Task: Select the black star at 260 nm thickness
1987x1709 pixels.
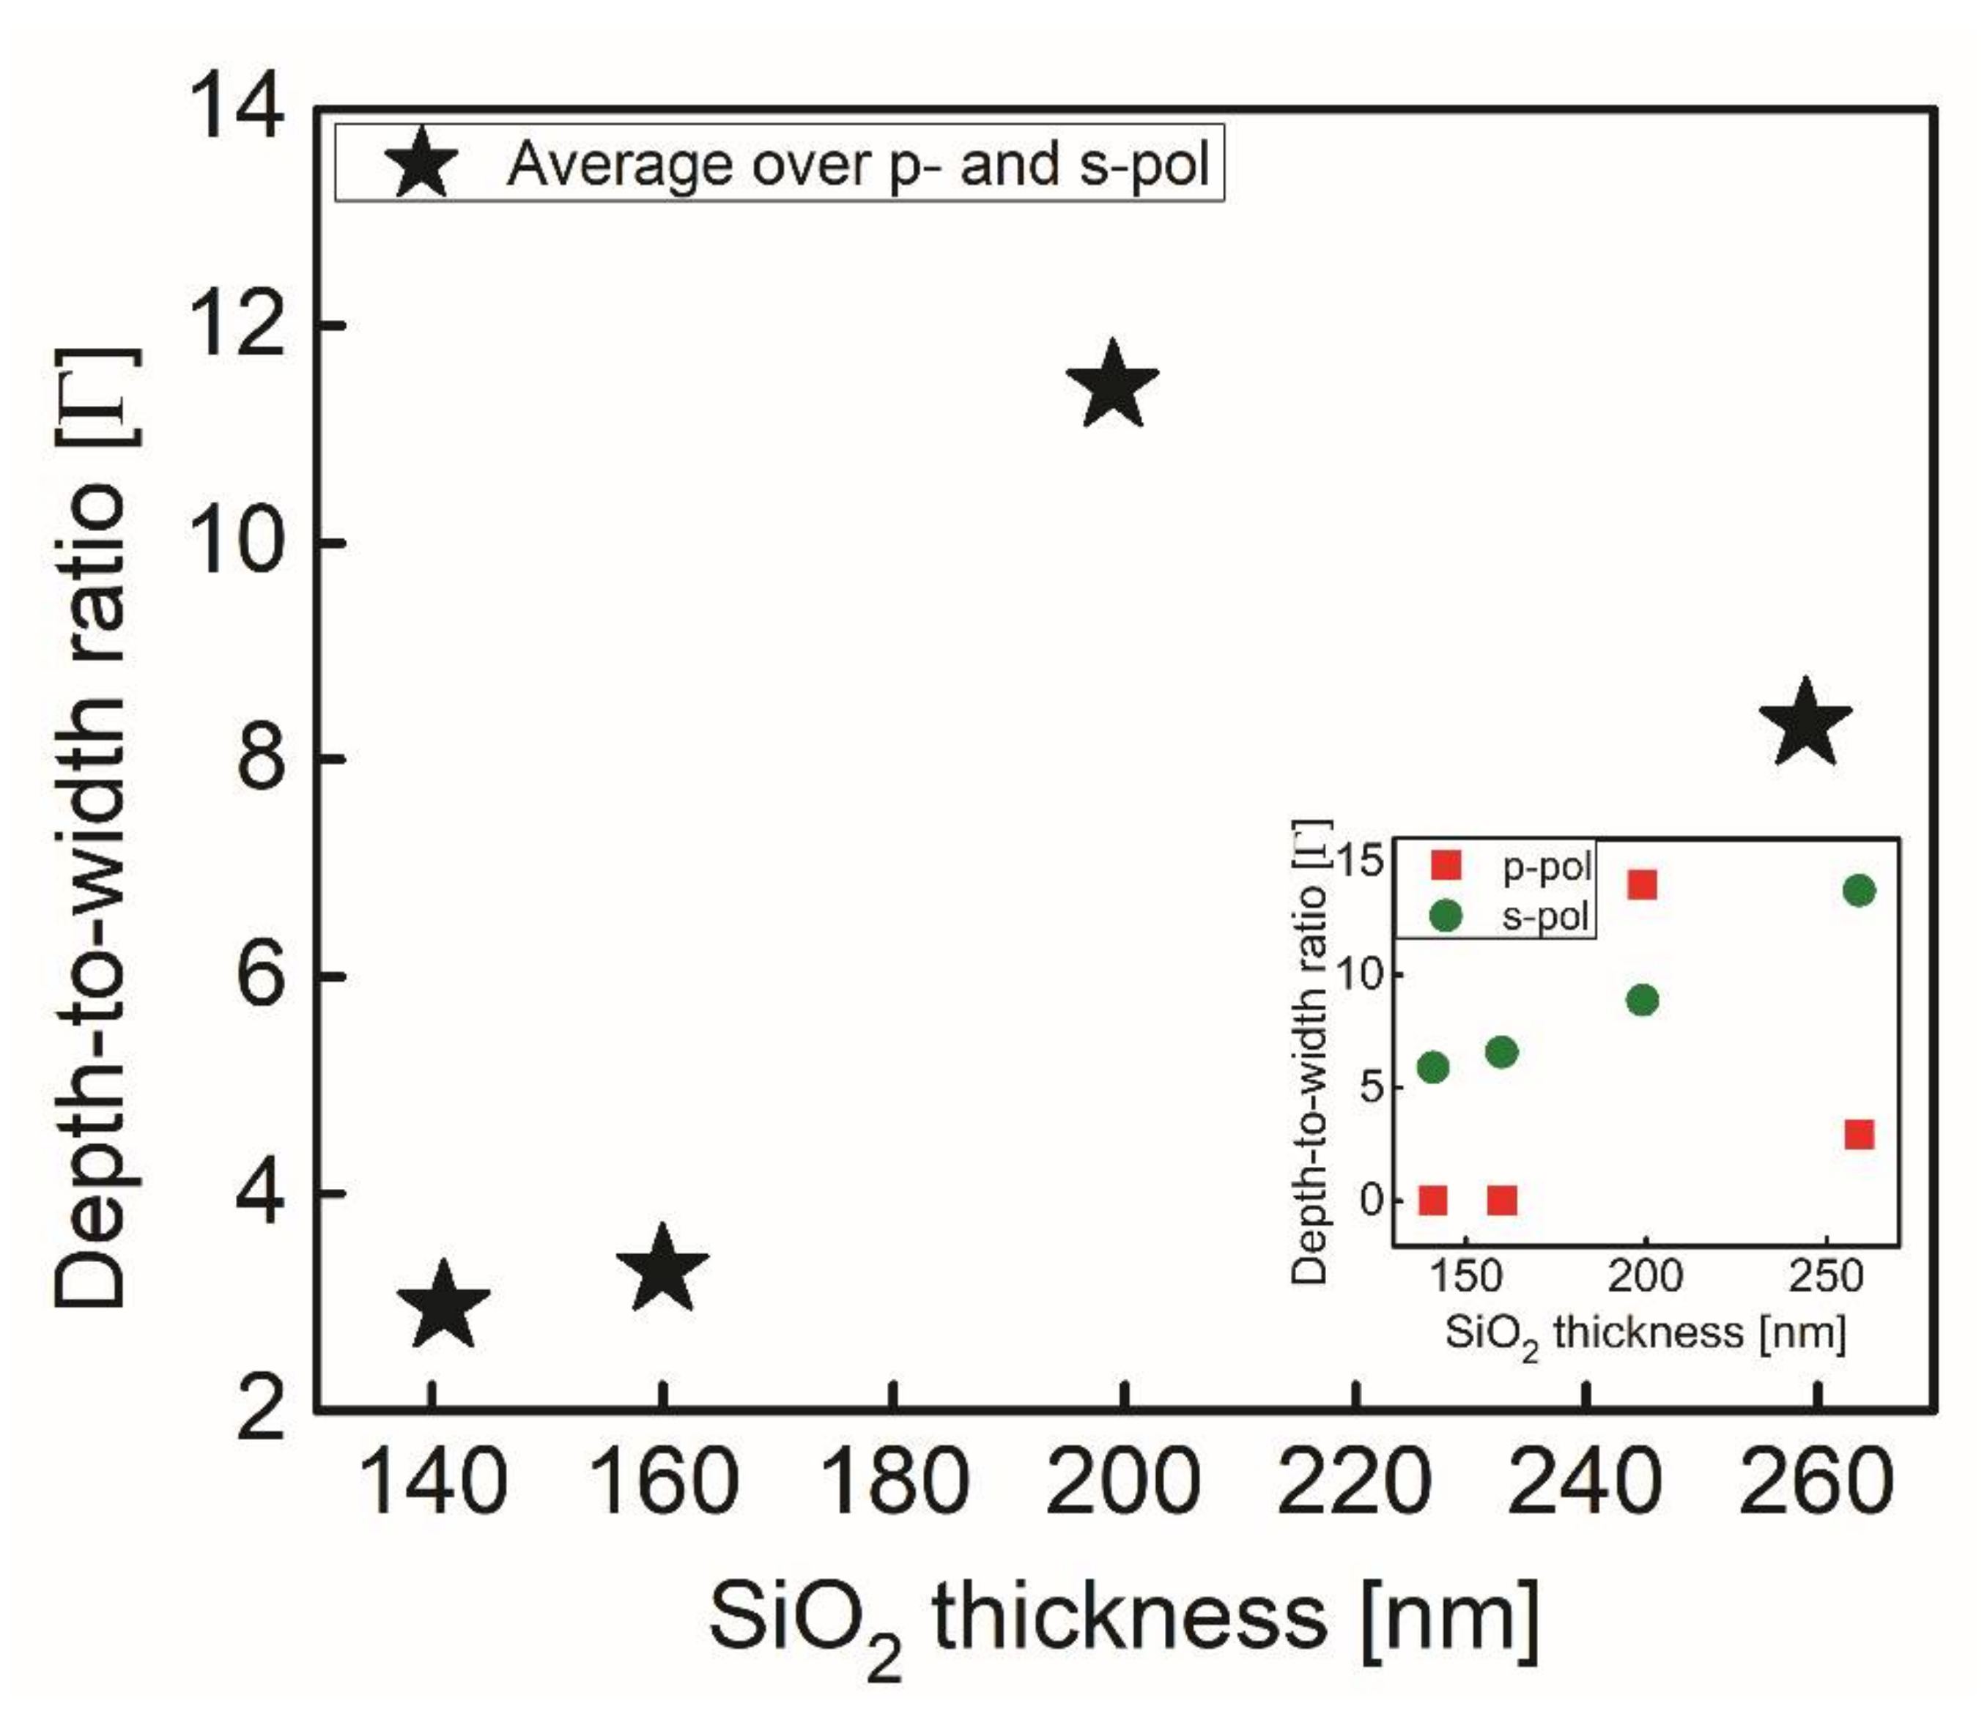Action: tap(1806, 725)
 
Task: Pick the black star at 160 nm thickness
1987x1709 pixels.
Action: tap(662, 1271)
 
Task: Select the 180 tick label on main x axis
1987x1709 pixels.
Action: tap(894, 1482)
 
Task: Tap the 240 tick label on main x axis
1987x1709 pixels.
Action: tap(1586, 1482)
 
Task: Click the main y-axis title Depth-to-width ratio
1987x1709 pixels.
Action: tap(91, 827)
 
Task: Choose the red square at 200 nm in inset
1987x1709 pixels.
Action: tap(1642, 884)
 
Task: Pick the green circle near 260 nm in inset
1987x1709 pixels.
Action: tap(1859, 891)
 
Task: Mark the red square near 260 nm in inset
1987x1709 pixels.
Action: tap(1859, 1135)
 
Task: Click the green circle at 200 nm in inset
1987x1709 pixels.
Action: tap(1643, 1000)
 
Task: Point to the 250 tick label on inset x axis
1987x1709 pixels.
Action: tap(1827, 1278)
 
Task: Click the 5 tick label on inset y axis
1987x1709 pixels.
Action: tap(1365, 1089)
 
